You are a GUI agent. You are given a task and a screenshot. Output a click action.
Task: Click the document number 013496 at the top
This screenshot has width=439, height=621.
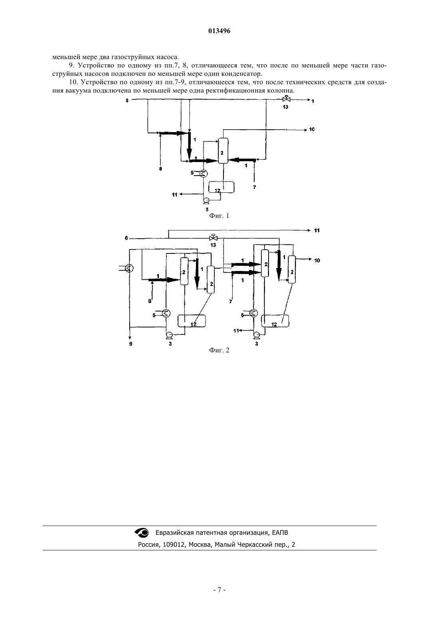pos(219,31)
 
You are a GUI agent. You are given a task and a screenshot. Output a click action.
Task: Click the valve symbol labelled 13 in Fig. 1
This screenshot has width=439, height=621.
pos(286,99)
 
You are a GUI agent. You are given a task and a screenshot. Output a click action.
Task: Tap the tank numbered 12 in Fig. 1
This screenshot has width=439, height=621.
pos(221,187)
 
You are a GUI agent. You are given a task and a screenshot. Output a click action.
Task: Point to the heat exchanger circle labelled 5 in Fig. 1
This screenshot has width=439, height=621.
pos(204,174)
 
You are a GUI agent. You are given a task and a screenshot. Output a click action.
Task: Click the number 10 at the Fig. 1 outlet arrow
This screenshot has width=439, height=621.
pos(312,129)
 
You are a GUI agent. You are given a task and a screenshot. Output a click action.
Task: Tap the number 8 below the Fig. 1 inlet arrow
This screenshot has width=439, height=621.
pos(160,168)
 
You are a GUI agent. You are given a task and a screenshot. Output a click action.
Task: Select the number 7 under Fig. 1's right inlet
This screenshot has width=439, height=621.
pos(255,188)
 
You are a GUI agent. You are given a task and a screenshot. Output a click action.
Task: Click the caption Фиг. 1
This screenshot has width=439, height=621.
pos(219,216)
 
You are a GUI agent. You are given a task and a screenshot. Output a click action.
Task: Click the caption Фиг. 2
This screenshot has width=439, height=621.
pos(219,350)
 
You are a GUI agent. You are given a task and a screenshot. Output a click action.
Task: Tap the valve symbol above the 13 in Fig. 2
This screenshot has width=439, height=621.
pos(213,238)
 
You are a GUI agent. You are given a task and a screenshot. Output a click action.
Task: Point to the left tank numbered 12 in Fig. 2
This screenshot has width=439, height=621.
pos(192,321)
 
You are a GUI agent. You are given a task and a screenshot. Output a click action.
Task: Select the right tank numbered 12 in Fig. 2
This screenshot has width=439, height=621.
pos(275,321)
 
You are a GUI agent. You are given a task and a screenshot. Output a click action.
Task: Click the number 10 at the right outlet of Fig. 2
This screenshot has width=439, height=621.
pos(317,260)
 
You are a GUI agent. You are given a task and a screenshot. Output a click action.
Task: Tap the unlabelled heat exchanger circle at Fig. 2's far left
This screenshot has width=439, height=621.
pos(129,268)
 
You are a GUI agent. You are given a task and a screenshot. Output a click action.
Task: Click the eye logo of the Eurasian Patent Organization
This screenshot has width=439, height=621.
pos(142,532)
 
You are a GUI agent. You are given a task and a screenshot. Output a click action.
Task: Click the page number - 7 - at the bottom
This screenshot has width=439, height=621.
pos(219,590)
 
